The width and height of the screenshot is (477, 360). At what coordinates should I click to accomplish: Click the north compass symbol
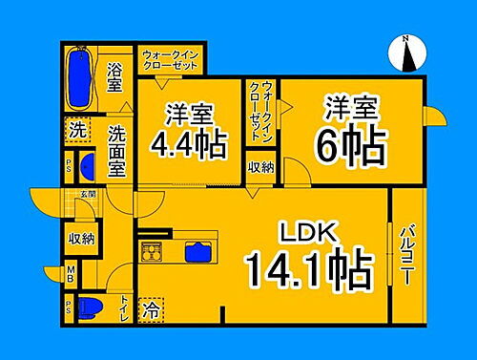coord(406,53)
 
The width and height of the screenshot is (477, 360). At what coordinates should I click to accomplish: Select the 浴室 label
coord(114,77)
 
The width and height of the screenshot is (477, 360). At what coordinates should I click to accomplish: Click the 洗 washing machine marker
coord(75,127)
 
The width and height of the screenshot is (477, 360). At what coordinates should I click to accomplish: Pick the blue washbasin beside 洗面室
coord(87,166)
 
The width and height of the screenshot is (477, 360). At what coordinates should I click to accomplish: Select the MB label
coord(71,277)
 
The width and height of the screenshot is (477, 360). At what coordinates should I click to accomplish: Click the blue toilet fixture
coord(87,307)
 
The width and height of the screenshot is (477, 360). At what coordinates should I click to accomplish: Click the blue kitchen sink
coord(199,253)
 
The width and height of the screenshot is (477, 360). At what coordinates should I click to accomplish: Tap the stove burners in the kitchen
coord(155,253)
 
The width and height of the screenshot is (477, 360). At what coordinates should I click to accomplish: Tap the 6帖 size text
coord(350,144)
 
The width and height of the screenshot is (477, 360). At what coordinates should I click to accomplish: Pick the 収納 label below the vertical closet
coord(261,166)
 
